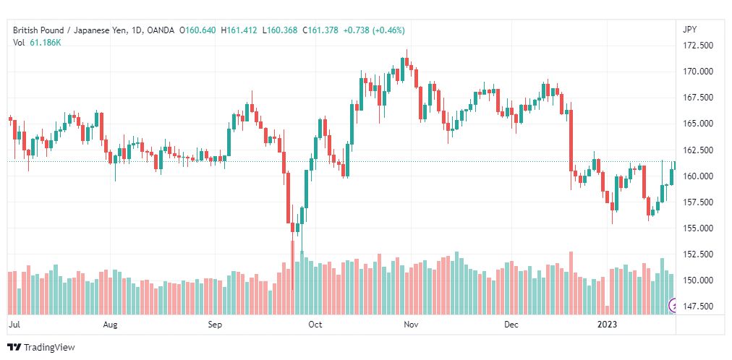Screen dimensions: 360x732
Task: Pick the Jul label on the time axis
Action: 13,325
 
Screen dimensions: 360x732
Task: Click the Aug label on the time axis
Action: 110,325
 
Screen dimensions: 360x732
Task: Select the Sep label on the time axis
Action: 214,325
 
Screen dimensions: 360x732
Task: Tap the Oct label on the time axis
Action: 315,325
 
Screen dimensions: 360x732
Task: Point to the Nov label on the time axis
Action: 411,325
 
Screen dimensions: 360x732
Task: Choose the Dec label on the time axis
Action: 511,325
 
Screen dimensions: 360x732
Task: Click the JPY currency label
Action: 689,30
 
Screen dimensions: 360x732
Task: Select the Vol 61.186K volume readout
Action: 37,43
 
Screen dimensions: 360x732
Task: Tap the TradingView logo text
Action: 49,348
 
